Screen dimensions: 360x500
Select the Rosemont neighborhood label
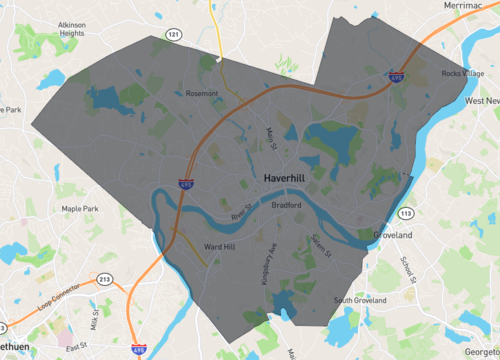click(x=202, y=93)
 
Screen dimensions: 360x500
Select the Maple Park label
click(x=79, y=208)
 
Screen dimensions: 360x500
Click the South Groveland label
click(x=360, y=300)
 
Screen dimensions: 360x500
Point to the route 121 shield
click(x=175, y=35)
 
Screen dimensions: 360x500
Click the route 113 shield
click(x=406, y=213)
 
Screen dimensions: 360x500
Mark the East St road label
click(x=75, y=344)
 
